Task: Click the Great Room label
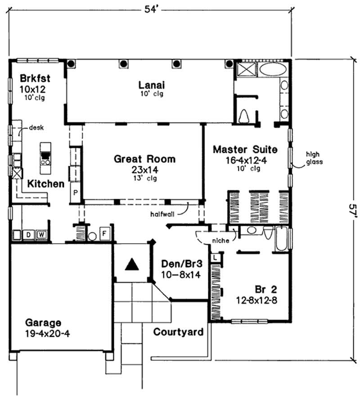[144, 159]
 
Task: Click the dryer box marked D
[27, 234]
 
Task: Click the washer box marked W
[40, 234]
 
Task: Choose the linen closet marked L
[215, 257]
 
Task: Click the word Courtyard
[178, 332]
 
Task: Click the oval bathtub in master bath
[272, 70]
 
